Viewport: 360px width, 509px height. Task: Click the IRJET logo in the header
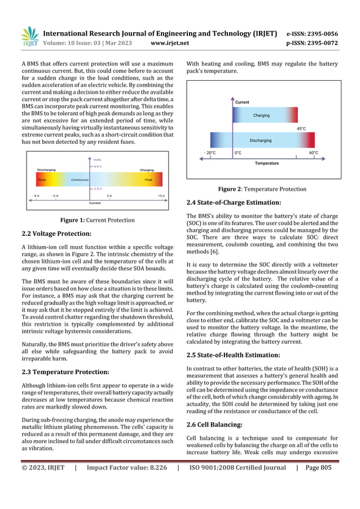(29, 37)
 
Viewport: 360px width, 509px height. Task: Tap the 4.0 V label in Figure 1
(98, 166)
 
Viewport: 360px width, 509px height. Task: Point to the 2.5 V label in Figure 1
(98, 188)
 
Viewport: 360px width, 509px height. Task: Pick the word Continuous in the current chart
(80, 179)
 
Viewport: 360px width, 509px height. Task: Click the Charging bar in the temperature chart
(261, 116)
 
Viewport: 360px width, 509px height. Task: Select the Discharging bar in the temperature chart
(261, 140)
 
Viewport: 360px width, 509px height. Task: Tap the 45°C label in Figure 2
(301, 129)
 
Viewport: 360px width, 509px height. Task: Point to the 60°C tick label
(314, 153)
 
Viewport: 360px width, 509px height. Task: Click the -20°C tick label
(209, 153)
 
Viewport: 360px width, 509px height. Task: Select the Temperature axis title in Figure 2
(266, 163)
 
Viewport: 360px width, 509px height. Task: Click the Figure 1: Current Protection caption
(98, 220)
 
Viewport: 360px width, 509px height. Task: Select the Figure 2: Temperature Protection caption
(262, 189)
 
